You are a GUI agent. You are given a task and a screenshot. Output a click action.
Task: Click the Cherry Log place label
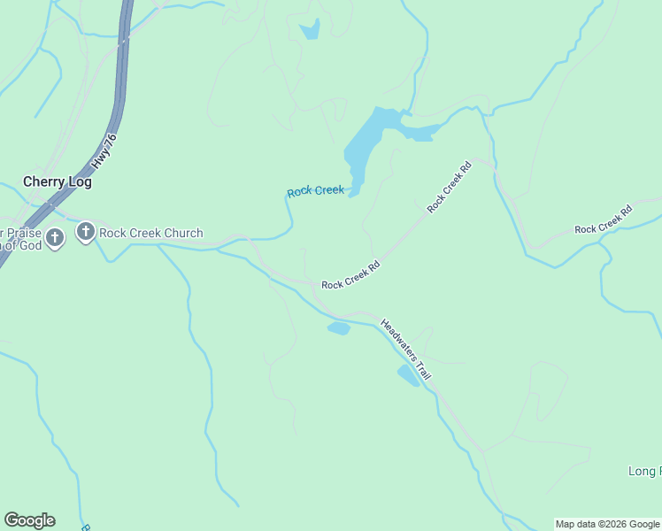58,181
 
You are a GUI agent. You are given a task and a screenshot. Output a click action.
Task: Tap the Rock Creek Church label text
150,234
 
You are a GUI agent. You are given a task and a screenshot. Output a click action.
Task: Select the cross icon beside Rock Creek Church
86,233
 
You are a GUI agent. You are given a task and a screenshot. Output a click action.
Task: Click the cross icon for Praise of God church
55,237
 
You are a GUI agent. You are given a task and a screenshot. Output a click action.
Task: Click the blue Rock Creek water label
315,191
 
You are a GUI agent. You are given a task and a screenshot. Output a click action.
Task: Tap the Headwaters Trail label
405,350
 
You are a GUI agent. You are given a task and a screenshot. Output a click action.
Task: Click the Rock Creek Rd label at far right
604,219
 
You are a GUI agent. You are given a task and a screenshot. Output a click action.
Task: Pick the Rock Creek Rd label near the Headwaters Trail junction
350,274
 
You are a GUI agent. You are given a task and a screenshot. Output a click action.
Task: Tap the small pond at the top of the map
309,31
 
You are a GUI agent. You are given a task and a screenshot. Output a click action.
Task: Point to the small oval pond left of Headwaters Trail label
339,328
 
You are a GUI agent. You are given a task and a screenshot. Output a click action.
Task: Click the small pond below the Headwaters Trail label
408,376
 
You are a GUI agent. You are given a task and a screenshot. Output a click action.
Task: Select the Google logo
29,520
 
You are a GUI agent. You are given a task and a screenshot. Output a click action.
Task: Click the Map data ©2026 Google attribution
607,524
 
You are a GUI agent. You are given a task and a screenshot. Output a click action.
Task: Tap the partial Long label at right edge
644,471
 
